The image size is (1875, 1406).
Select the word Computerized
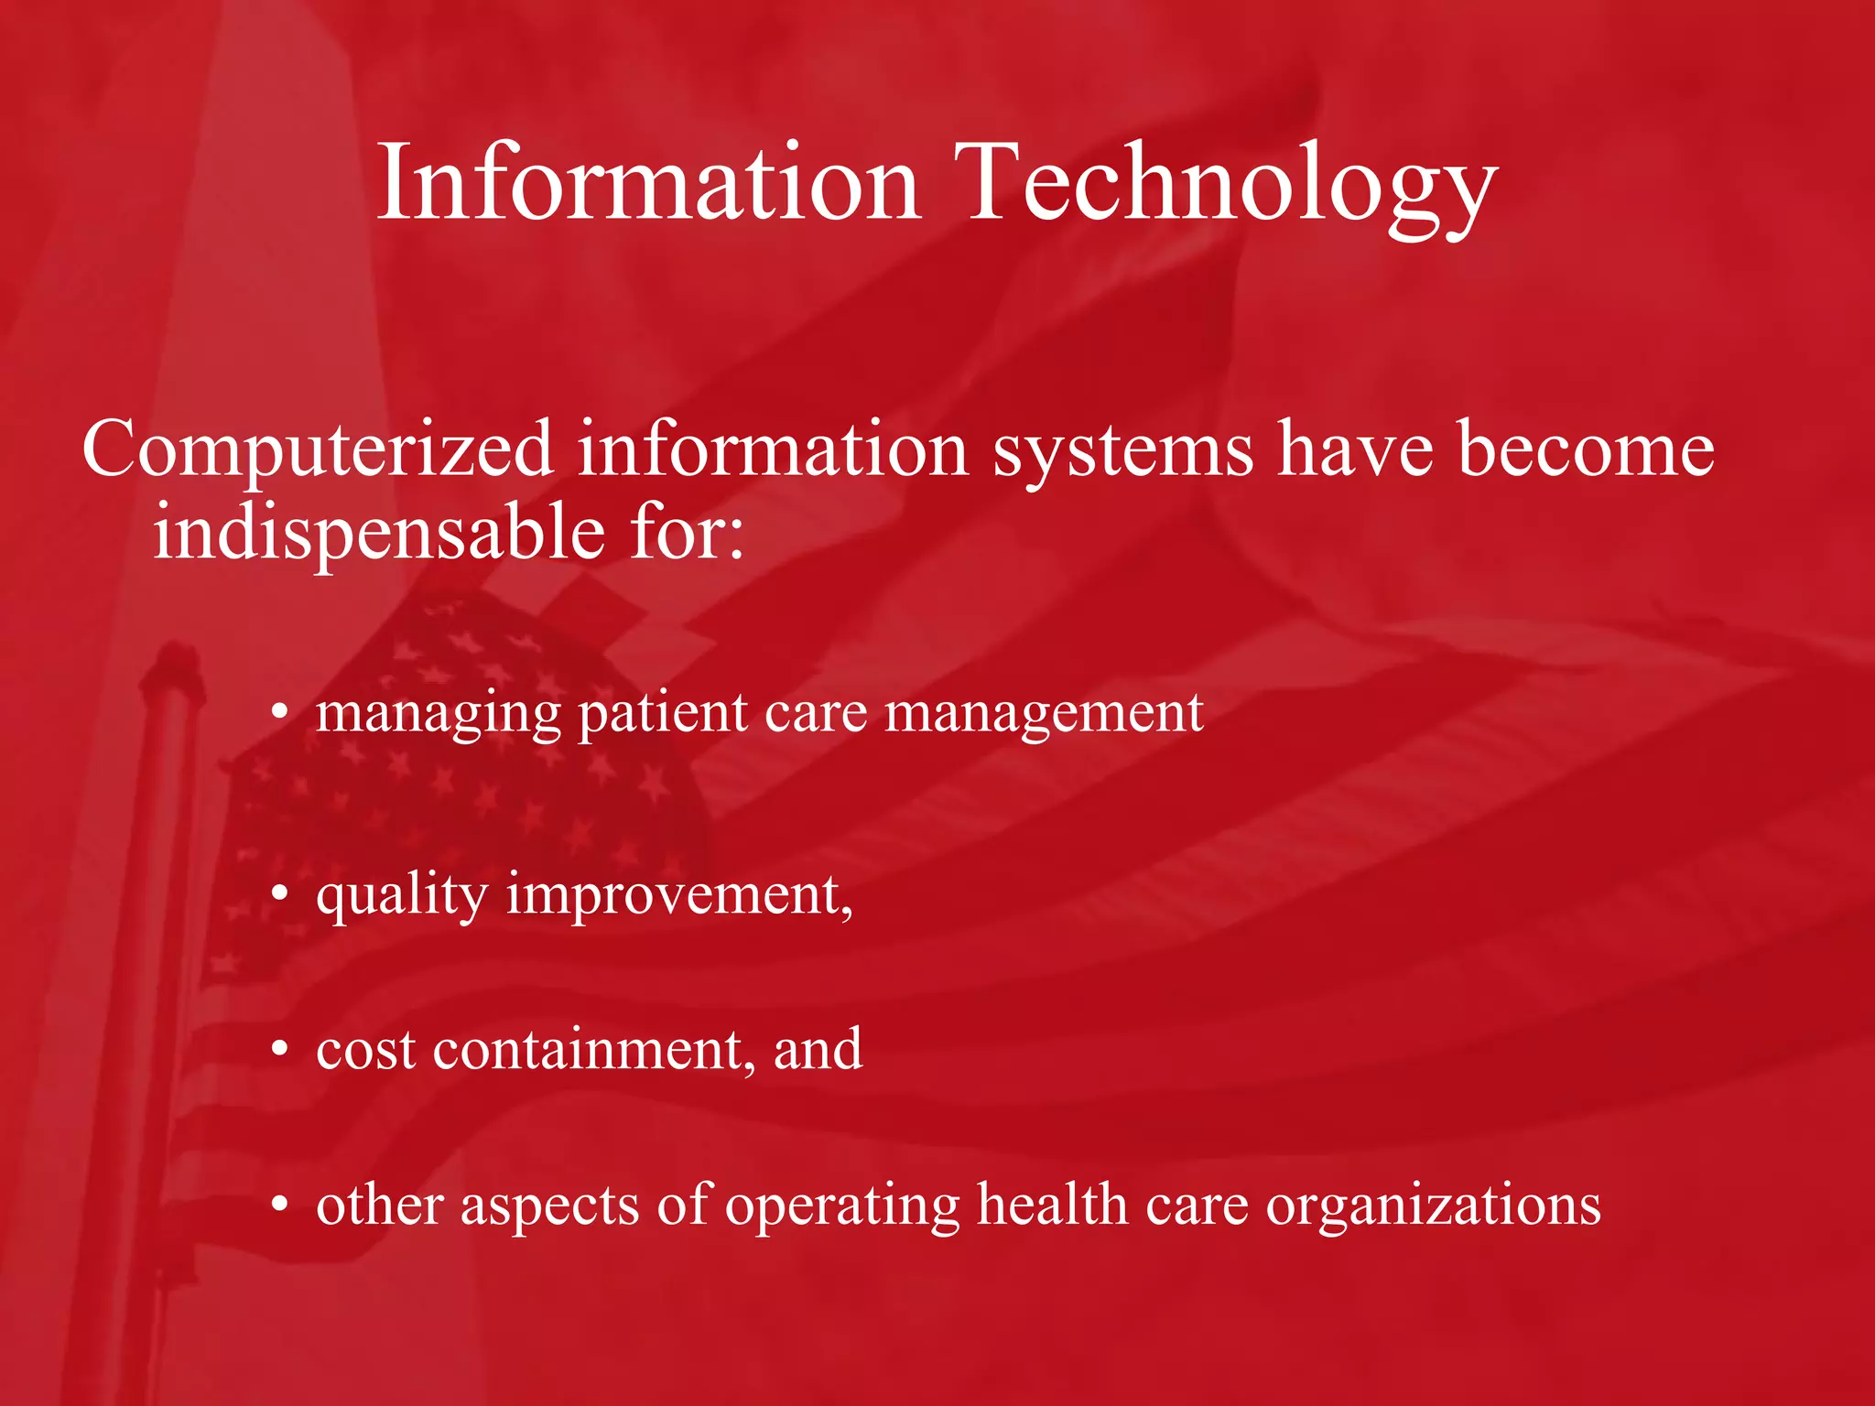tap(318, 450)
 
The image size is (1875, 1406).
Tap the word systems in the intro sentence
tap(1123, 450)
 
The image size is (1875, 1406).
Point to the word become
tap(1586, 450)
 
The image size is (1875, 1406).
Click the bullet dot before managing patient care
tap(280, 713)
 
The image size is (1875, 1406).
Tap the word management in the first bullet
tap(1044, 713)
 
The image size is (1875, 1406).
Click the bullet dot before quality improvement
tap(280, 894)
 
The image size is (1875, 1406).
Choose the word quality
tap(402, 894)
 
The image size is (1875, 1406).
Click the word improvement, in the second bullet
tap(679, 894)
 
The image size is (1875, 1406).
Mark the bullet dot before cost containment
tap(280, 1050)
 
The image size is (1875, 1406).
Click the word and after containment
tap(818, 1050)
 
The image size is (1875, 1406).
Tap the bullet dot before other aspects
tap(280, 1206)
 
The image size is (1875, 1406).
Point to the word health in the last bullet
tap(1052, 1206)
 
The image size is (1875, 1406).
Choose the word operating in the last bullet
tap(842, 1206)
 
